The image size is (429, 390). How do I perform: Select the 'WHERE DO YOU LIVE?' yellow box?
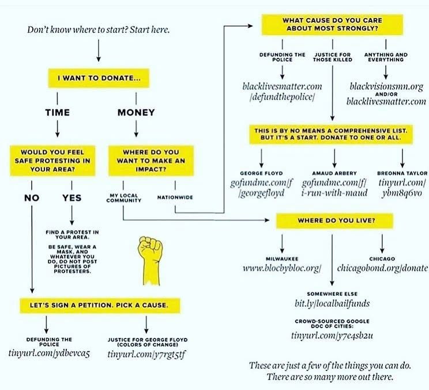(x=334, y=220)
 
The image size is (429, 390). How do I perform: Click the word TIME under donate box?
(x=58, y=113)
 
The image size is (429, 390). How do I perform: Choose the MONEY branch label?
(x=136, y=113)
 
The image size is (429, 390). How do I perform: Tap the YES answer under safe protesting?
(x=71, y=198)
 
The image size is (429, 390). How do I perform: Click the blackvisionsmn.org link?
(x=386, y=86)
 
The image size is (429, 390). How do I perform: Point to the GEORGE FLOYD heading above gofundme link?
(x=261, y=173)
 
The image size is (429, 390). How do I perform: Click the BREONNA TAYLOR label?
(x=402, y=173)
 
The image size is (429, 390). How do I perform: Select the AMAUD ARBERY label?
(x=334, y=173)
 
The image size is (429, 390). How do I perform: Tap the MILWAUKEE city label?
(x=281, y=258)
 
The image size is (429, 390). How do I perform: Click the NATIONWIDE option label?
(x=175, y=198)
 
